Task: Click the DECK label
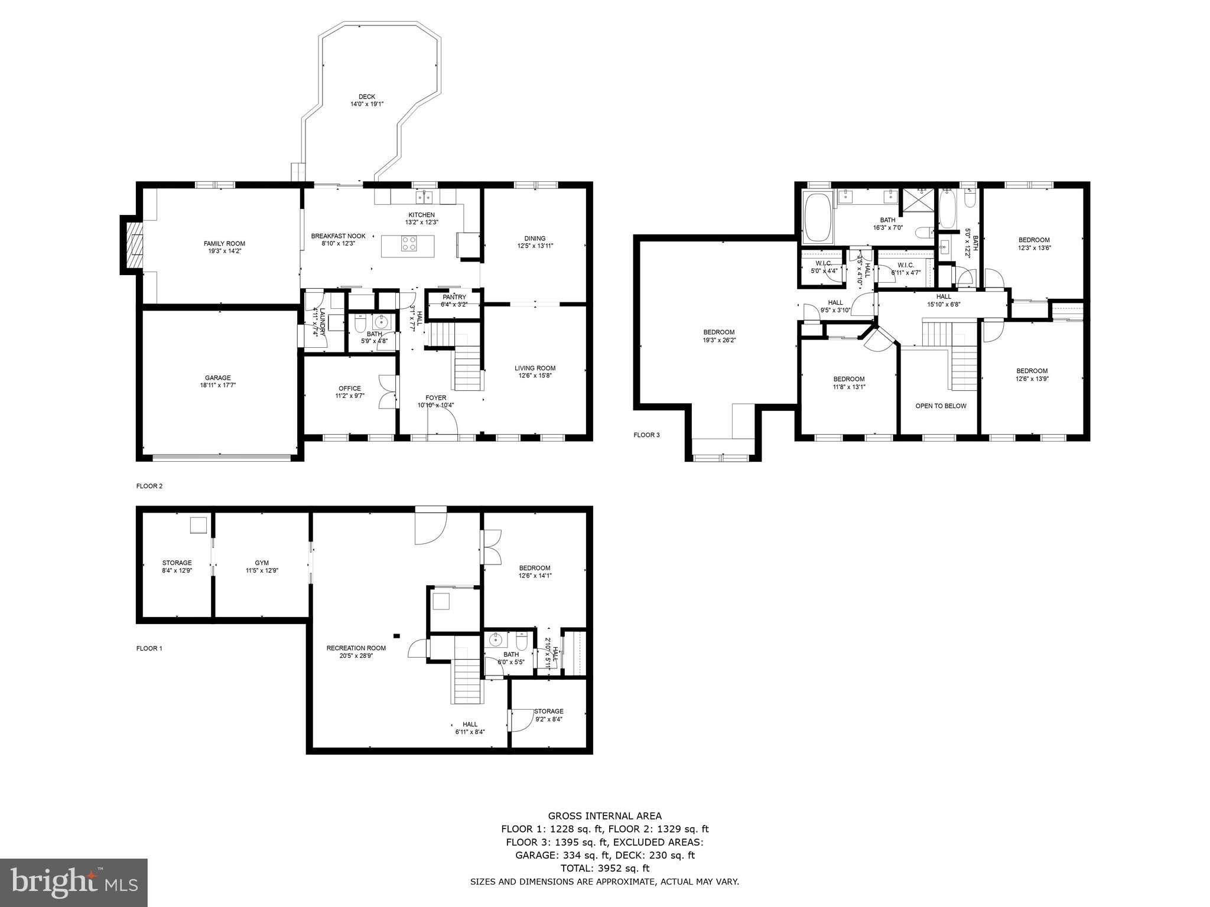tap(366, 97)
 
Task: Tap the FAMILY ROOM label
tap(224, 243)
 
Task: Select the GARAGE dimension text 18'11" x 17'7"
tap(217, 385)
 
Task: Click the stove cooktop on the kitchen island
tap(408, 243)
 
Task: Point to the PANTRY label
tap(454, 297)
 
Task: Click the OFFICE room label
tap(349, 389)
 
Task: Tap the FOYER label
tap(436, 397)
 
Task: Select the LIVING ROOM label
tap(535, 368)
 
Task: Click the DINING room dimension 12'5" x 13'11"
tap(535, 246)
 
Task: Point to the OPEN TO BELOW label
tap(941, 406)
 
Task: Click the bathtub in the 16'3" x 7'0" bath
tap(817, 217)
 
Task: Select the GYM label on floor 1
tap(262, 563)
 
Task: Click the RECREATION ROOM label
tap(356, 648)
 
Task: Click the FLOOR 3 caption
tap(646, 435)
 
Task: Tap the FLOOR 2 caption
tap(149, 486)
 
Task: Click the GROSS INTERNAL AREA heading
tap(604, 816)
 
